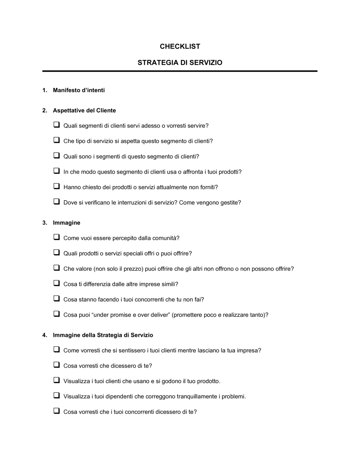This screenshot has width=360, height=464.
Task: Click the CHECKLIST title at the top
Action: (180, 46)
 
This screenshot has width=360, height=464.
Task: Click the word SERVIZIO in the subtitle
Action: (206, 63)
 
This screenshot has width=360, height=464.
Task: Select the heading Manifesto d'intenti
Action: (79, 90)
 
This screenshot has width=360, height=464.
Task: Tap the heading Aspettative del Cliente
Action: (84, 110)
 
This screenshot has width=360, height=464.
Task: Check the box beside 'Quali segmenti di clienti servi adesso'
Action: (57, 125)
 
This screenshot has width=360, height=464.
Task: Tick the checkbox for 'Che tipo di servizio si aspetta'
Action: (57, 140)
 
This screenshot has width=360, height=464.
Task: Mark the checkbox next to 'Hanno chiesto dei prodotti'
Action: (57, 186)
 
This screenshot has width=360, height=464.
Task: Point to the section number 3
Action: (44, 223)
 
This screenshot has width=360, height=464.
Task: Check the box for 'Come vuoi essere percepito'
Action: (57, 237)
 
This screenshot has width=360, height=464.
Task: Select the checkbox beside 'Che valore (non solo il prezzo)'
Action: (57, 268)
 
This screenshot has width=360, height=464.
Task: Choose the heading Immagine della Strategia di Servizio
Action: (103, 335)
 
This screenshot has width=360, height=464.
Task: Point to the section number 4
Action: (44, 335)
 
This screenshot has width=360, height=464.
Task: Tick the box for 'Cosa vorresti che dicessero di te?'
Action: (57, 365)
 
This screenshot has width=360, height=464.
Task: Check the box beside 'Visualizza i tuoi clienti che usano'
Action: (57, 381)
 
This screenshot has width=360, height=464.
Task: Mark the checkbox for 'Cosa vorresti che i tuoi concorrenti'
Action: (57, 411)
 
